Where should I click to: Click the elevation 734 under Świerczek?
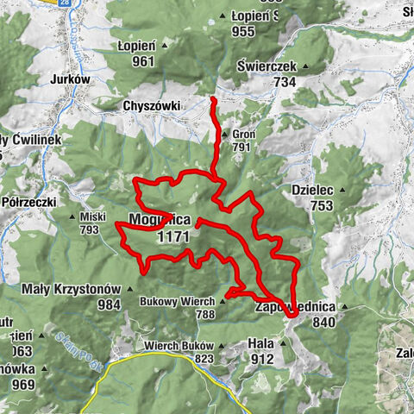(x=284, y=81)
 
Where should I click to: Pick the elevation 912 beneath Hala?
(x=262, y=358)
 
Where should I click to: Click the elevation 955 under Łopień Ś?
(x=243, y=32)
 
